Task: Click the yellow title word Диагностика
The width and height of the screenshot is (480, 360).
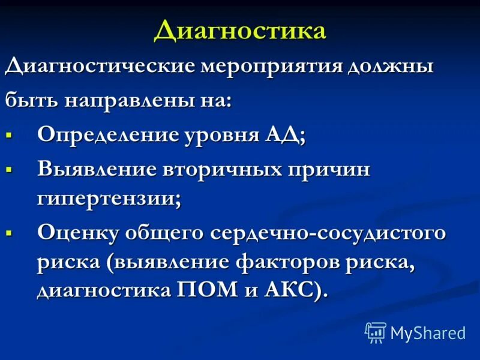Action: point(240,31)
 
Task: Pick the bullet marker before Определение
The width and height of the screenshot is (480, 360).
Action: point(9,135)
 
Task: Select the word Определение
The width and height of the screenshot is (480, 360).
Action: point(106,135)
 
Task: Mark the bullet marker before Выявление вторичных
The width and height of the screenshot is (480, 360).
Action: point(9,170)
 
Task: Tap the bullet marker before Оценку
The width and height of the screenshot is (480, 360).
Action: point(9,233)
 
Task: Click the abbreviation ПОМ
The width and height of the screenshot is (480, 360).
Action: point(200,292)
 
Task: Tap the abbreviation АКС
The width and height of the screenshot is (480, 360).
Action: point(294,292)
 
